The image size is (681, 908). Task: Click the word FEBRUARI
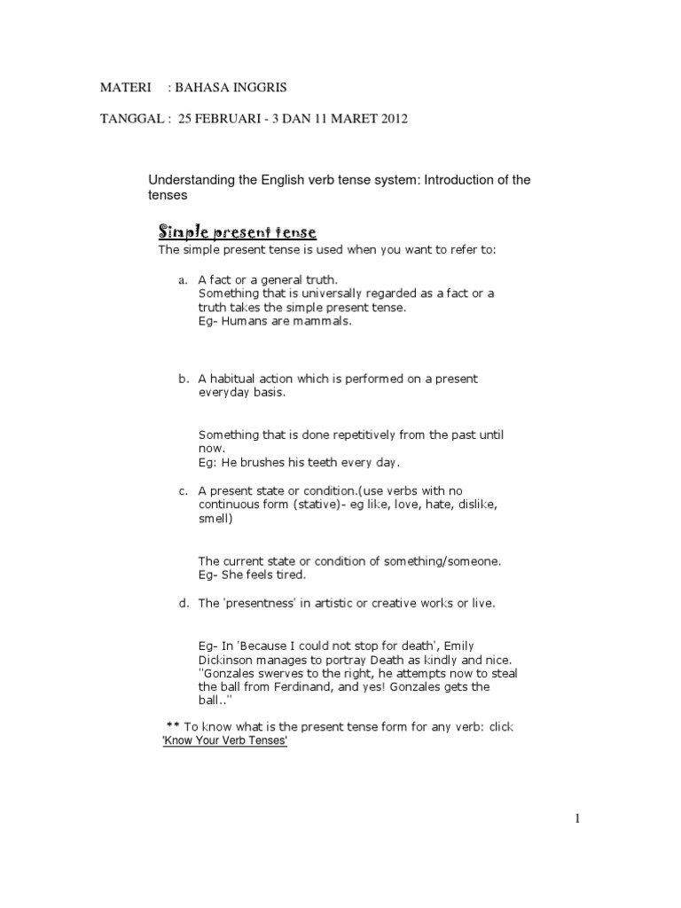pyautogui.click(x=237, y=119)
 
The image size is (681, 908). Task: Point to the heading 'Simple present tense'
pyautogui.click(x=237, y=232)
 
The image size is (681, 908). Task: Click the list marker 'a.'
pyautogui.click(x=184, y=279)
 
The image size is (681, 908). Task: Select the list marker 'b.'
pyautogui.click(x=184, y=379)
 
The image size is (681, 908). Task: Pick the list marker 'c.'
pyautogui.click(x=184, y=490)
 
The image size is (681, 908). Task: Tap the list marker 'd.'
pyautogui.click(x=184, y=603)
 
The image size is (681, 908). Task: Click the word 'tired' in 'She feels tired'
pyautogui.click(x=289, y=575)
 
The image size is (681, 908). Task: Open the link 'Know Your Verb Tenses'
pyautogui.click(x=225, y=741)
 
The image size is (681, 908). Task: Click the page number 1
pyautogui.click(x=577, y=819)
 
